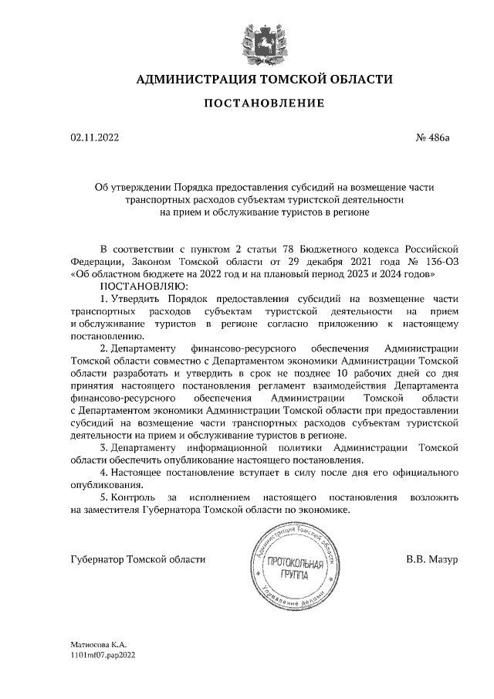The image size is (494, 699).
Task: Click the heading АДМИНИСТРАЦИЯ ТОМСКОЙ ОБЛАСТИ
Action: click(265, 80)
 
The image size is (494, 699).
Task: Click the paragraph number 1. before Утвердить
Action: click(105, 297)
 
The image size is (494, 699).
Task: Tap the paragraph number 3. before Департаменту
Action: click(105, 446)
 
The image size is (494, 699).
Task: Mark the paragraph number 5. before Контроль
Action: click(105, 495)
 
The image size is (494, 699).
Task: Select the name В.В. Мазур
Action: click(432, 558)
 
